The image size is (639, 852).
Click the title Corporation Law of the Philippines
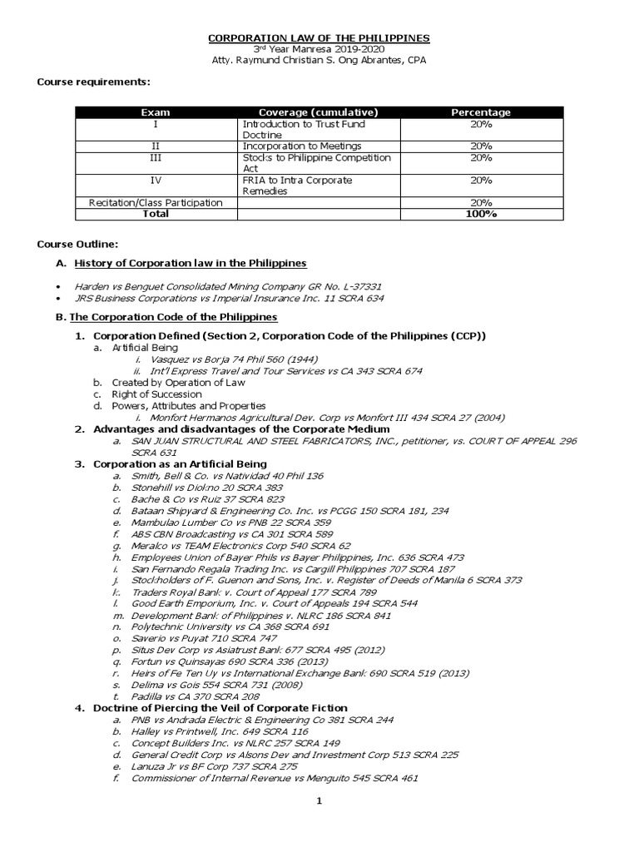coord(319,38)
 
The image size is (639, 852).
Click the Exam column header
coord(155,112)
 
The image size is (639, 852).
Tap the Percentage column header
coord(480,112)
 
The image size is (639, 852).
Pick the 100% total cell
coord(480,214)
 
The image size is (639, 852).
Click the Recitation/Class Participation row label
coord(156,202)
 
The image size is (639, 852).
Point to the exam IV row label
coord(155,180)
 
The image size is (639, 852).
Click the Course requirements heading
coord(93,82)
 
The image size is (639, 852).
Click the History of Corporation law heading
coord(190,263)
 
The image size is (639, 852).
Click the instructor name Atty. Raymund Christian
coord(319,61)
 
